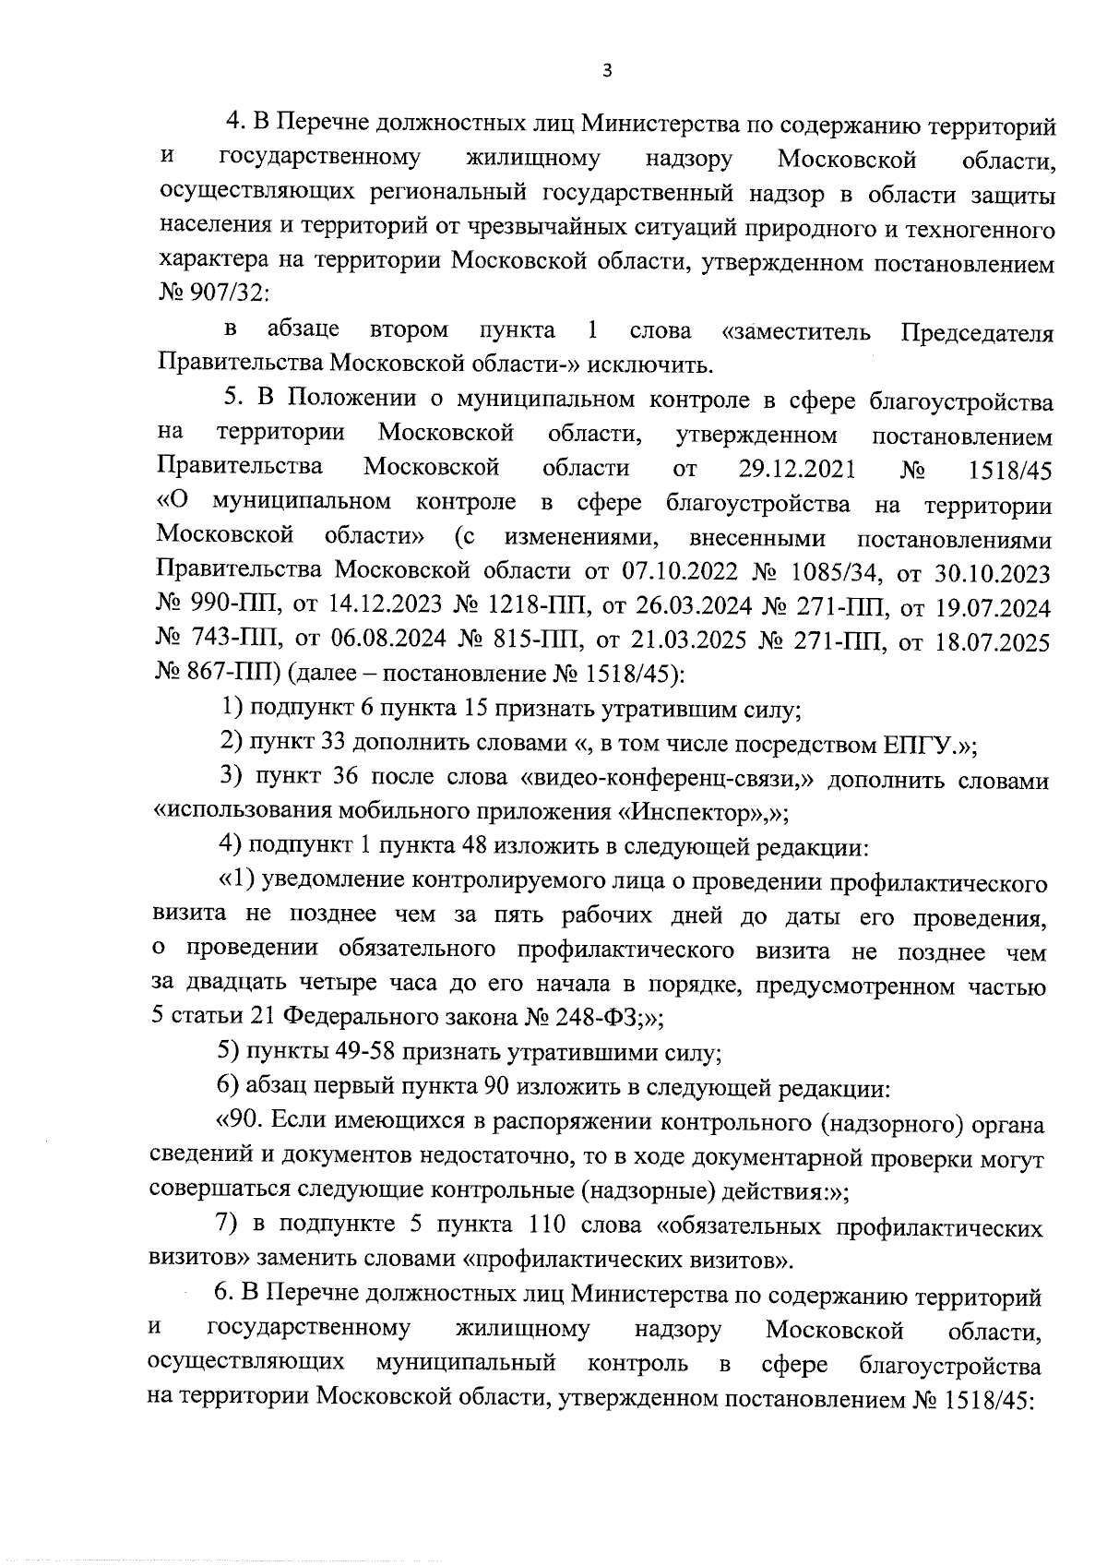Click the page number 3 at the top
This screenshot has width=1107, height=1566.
[606, 70]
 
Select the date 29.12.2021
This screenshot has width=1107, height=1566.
[797, 469]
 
